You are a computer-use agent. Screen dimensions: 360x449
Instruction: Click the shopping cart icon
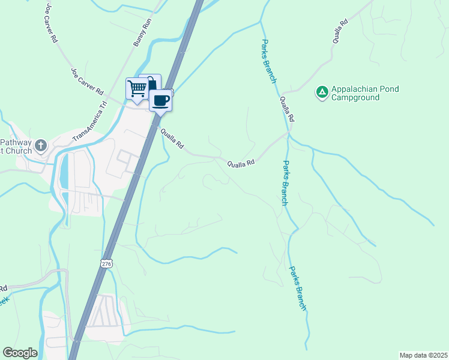click(x=137, y=88)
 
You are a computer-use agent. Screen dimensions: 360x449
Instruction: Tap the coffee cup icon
click(x=160, y=100)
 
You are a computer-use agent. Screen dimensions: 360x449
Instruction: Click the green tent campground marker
click(x=322, y=92)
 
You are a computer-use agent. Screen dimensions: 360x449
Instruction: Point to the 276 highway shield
click(x=106, y=263)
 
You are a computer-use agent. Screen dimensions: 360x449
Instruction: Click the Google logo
click(x=20, y=353)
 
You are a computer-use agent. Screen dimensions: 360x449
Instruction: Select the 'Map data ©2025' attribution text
click(x=423, y=355)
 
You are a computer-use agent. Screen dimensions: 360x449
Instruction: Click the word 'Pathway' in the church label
click(x=14, y=143)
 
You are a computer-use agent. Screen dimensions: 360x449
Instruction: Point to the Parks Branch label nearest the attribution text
click(x=298, y=288)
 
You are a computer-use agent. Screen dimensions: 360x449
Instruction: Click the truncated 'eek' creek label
click(x=4, y=302)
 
